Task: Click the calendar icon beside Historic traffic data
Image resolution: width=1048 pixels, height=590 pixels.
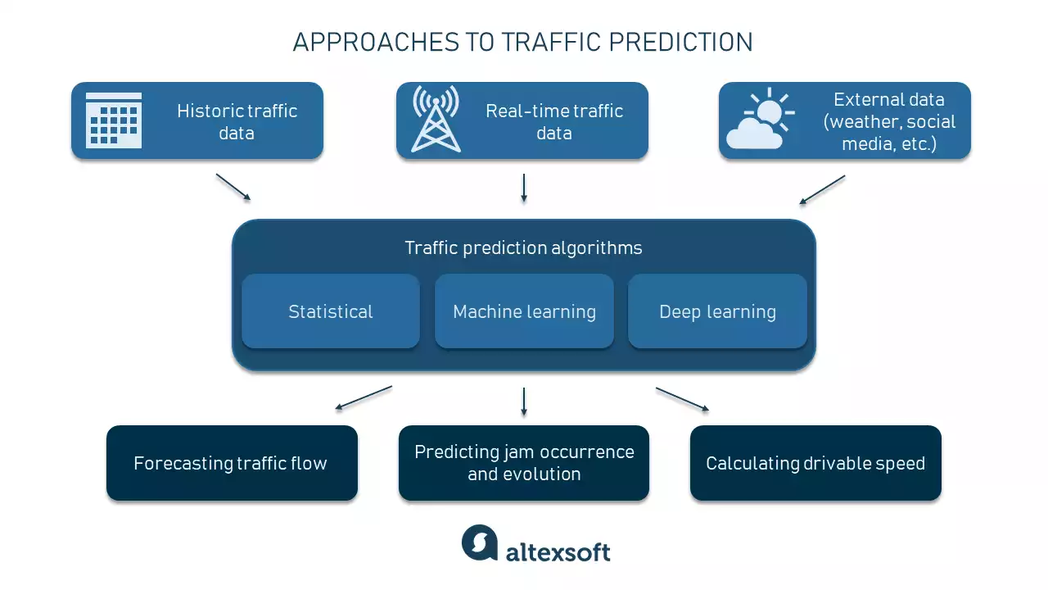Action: pos(114,120)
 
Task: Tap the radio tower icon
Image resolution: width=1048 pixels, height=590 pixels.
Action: pos(436,120)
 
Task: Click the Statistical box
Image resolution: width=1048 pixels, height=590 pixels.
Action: pos(331,311)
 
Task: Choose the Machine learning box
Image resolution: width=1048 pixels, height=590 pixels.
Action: pos(524,311)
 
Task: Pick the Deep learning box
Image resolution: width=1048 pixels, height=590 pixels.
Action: pos(717,311)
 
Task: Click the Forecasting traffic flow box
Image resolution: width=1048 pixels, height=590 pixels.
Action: pos(232,463)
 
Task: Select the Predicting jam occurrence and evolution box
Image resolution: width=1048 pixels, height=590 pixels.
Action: pos(524,463)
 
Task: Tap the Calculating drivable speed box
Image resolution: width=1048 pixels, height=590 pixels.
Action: pos(815,463)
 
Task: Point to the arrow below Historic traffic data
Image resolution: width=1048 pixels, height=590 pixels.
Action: pos(233,187)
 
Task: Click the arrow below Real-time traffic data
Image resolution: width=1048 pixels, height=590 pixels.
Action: pos(524,188)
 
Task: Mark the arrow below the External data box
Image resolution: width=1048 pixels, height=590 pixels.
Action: pos(822,189)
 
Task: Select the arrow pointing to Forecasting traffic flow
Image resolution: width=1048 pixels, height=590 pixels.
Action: pos(364,397)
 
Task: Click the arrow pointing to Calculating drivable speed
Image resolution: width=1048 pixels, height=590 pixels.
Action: pos(682,399)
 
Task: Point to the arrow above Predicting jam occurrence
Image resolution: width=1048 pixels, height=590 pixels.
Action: pos(524,401)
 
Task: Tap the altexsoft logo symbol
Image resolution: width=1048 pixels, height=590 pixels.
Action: pos(480,542)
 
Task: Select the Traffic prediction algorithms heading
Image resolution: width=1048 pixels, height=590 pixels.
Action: pos(524,247)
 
